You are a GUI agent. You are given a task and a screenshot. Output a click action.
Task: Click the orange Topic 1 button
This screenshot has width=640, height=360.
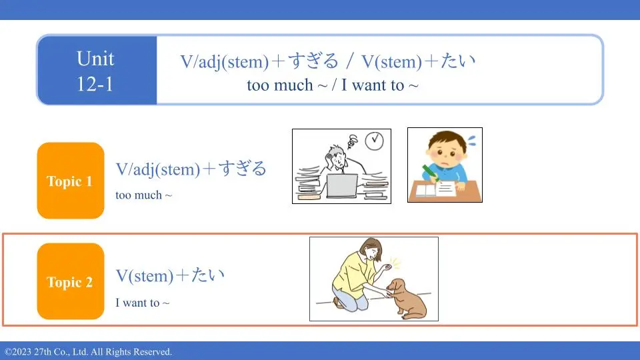(x=71, y=181)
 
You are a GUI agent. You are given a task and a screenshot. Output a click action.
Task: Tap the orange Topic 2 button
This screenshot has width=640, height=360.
(x=71, y=281)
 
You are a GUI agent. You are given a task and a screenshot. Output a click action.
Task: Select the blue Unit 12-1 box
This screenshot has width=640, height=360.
(x=97, y=70)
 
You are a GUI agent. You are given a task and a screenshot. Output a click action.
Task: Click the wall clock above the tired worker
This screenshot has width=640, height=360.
(x=374, y=141)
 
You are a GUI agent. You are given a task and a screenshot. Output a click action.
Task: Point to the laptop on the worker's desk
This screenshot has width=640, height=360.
(x=342, y=186)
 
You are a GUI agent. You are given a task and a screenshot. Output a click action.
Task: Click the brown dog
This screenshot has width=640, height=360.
(x=407, y=298)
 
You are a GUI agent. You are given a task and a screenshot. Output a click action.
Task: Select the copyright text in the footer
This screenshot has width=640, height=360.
(x=88, y=352)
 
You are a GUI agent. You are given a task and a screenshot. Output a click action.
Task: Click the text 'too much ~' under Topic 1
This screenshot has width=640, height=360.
(x=144, y=195)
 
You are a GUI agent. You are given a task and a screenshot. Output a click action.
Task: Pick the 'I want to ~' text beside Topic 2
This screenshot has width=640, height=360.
(x=142, y=303)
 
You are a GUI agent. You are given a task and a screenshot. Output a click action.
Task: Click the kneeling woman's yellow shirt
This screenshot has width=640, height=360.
(x=352, y=275)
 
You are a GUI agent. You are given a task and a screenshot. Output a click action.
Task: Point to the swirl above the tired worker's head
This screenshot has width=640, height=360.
(x=353, y=141)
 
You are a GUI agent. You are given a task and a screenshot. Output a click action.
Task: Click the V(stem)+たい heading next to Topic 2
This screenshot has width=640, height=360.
(x=170, y=275)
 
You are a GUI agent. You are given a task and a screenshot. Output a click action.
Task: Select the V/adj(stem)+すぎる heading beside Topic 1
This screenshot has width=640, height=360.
(x=191, y=169)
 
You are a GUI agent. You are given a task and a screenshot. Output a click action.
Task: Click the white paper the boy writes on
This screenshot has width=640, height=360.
(x=447, y=189)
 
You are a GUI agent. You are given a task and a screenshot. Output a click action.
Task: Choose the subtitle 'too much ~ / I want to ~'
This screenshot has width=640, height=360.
(x=333, y=85)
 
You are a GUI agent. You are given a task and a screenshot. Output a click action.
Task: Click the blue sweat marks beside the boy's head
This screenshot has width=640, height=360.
(x=472, y=141)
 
